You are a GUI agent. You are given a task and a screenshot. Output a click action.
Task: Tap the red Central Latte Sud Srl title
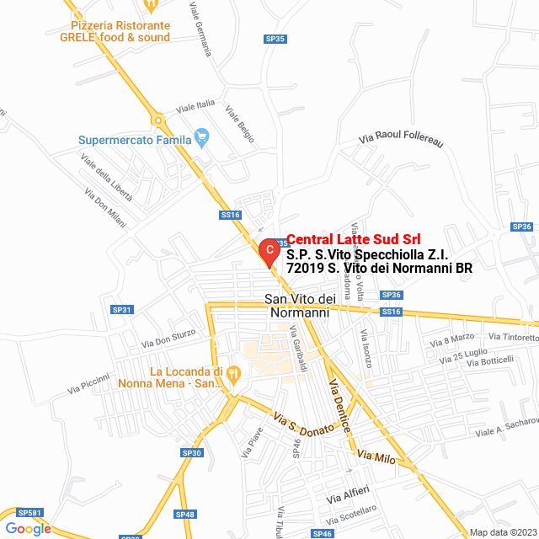click(x=354, y=239)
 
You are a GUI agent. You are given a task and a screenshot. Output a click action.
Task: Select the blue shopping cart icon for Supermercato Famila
click(x=201, y=136)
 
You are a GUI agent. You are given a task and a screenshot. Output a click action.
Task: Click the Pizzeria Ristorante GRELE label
click(x=115, y=31)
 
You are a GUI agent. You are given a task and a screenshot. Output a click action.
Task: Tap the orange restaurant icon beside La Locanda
click(x=235, y=372)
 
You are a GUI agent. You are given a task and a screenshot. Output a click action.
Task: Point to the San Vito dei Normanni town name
click(x=301, y=307)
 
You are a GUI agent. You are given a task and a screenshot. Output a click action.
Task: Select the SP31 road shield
click(x=122, y=310)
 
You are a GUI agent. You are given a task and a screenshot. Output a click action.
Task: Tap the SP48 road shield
click(x=185, y=515)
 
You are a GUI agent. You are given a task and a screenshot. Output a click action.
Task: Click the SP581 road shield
click(x=29, y=512)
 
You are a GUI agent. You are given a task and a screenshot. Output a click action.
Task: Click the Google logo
click(x=28, y=528)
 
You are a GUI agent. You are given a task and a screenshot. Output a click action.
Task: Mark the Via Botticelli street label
click(x=490, y=360)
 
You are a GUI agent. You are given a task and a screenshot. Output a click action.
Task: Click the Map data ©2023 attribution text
click(x=503, y=532)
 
